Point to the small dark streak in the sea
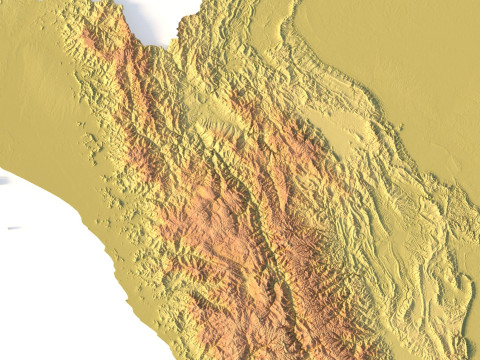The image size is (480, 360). (x=13, y=229)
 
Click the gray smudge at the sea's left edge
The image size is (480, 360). (x=3, y=179)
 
